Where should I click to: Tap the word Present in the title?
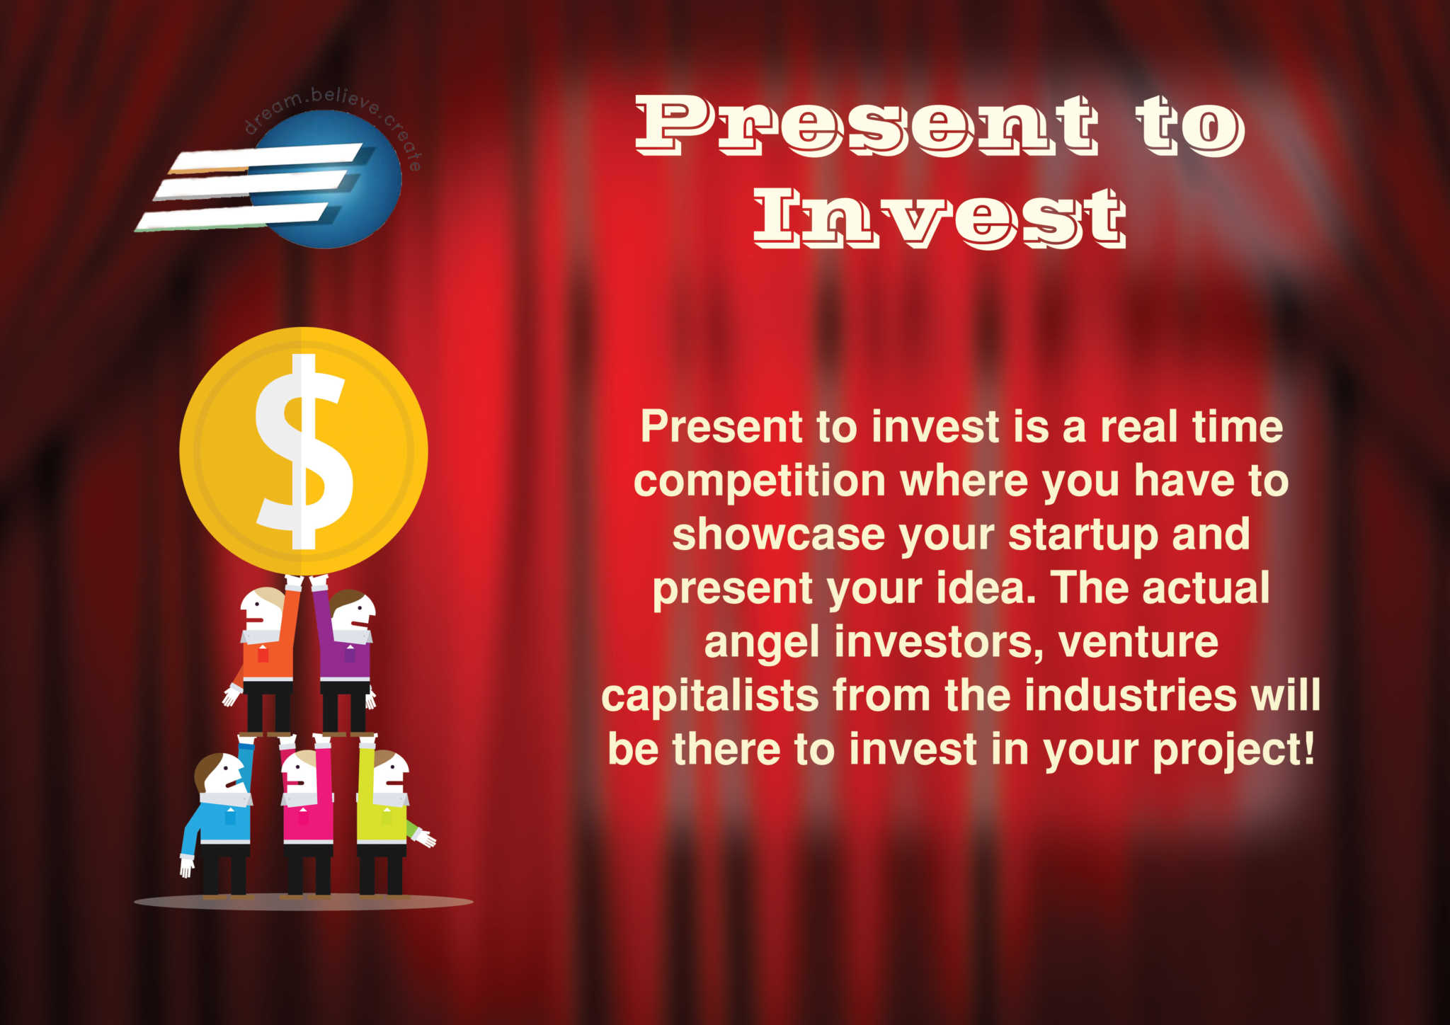click(867, 125)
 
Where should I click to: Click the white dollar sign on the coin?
click(304, 452)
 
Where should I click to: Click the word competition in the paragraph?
click(760, 482)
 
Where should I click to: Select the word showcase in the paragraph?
click(778, 534)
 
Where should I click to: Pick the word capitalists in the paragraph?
click(710, 696)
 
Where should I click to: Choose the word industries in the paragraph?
click(1130, 695)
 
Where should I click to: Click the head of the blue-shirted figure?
click(220, 774)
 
